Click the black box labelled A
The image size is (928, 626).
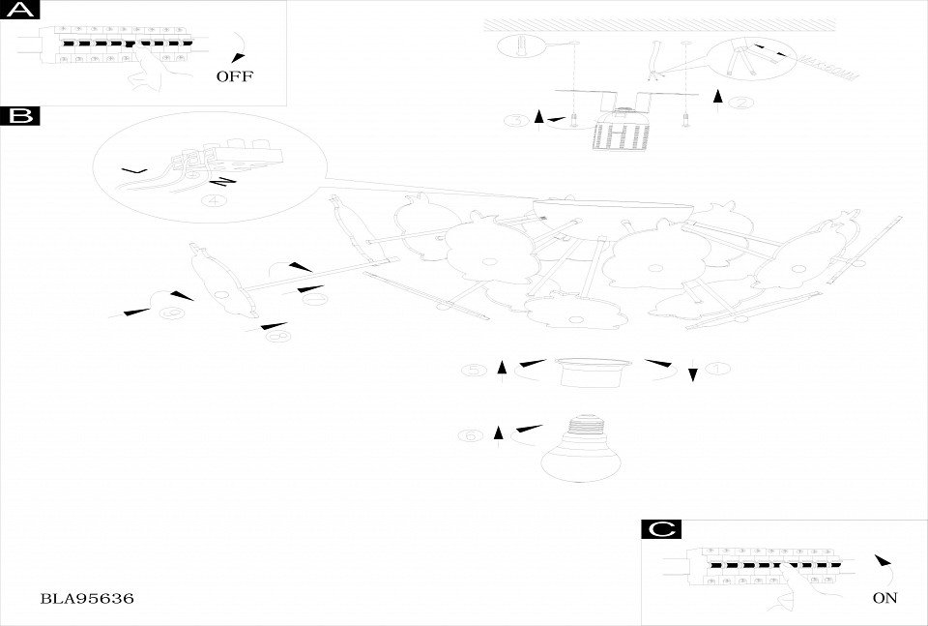coord(21,12)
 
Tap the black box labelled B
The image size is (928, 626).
coord(21,117)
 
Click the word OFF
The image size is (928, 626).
coord(234,77)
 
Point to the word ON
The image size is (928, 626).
coord(884,598)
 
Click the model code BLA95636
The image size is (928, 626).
coord(87,599)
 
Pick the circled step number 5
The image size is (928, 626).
coord(473,370)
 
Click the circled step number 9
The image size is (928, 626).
coord(279,335)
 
